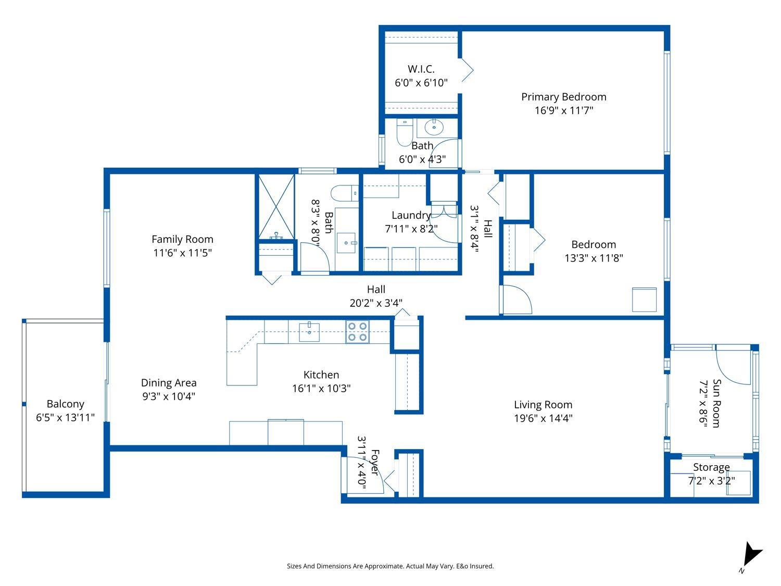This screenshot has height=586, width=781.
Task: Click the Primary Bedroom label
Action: point(563,97)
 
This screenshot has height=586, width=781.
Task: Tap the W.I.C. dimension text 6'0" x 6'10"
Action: point(421,83)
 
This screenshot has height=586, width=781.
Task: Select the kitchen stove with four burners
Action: point(357,332)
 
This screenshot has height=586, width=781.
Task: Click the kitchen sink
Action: point(309,332)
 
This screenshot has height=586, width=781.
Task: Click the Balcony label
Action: point(65,404)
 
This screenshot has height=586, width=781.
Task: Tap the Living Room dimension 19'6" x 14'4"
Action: point(543,418)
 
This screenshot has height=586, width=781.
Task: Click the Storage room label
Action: point(711,467)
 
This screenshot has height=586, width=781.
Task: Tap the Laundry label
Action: point(411,215)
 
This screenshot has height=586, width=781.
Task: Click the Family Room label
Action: point(182,239)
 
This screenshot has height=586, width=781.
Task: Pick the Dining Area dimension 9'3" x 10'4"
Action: point(169,396)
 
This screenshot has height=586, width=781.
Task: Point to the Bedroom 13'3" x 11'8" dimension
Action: point(594,258)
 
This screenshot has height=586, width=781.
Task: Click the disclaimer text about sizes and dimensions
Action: point(390,566)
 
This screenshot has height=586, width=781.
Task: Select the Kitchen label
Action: point(321,375)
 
